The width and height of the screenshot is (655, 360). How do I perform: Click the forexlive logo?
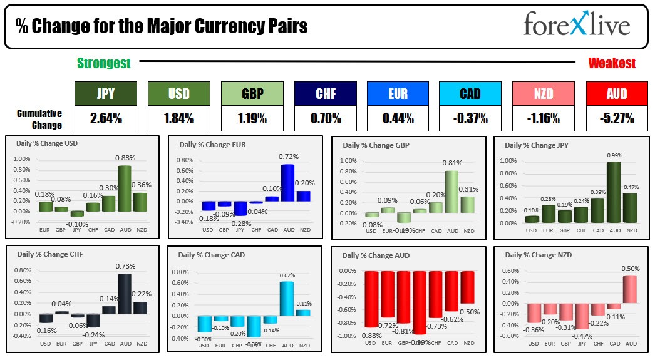[577, 26]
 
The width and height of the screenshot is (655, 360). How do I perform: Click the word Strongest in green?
[104, 63]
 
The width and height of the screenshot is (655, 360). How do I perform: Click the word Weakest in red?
[612, 63]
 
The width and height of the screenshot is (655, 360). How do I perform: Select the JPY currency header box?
[105, 93]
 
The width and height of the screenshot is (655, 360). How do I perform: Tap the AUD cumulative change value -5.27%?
[617, 118]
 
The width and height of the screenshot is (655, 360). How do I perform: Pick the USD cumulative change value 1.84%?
[178, 118]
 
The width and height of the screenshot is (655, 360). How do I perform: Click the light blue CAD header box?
[470, 93]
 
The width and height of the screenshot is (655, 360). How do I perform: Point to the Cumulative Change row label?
[39, 119]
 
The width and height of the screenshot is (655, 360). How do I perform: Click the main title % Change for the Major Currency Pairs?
[162, 26]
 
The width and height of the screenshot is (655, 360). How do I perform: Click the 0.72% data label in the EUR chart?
[289, 157]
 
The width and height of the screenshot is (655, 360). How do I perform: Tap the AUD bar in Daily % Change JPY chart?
[615, 192]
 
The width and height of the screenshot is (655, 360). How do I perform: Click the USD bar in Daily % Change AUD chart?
[371, 299]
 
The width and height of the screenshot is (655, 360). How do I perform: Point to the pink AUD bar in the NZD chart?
[630, 290]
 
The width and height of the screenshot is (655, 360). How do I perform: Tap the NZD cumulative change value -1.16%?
[544, 118]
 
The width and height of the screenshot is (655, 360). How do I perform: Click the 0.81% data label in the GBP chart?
[452, 163]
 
